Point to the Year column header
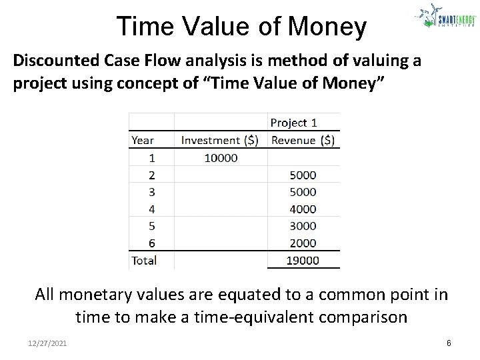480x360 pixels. tap(143, 140)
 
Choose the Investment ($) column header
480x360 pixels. tap(221, 140)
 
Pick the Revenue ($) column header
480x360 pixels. tap(303, 140)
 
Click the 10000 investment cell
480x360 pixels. tap(221, 158)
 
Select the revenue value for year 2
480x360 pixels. tap(303, 175)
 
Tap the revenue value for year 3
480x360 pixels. tap(303, 192)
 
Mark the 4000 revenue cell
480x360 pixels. tap(303, 209)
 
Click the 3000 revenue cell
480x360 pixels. tap(303, 226)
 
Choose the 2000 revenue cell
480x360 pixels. tap(303, 243)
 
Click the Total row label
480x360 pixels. tap(144, 261)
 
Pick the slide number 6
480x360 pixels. tap(449, 342)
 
